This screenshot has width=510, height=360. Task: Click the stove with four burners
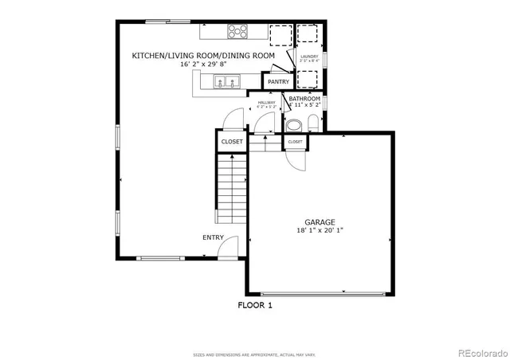237,32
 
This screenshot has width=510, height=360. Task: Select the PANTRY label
278,82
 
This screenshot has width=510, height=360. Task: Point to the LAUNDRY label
308,57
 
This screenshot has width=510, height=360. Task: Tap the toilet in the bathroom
312,123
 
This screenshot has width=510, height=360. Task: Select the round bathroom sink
293,125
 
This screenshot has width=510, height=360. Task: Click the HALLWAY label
266,102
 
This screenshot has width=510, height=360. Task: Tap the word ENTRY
213,237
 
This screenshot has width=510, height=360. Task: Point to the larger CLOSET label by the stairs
232,142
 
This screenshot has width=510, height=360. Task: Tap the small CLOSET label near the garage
295,141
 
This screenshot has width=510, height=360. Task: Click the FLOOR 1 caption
255,304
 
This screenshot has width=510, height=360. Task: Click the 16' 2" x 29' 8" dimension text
204,64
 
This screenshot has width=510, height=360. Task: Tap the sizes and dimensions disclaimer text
255,354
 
